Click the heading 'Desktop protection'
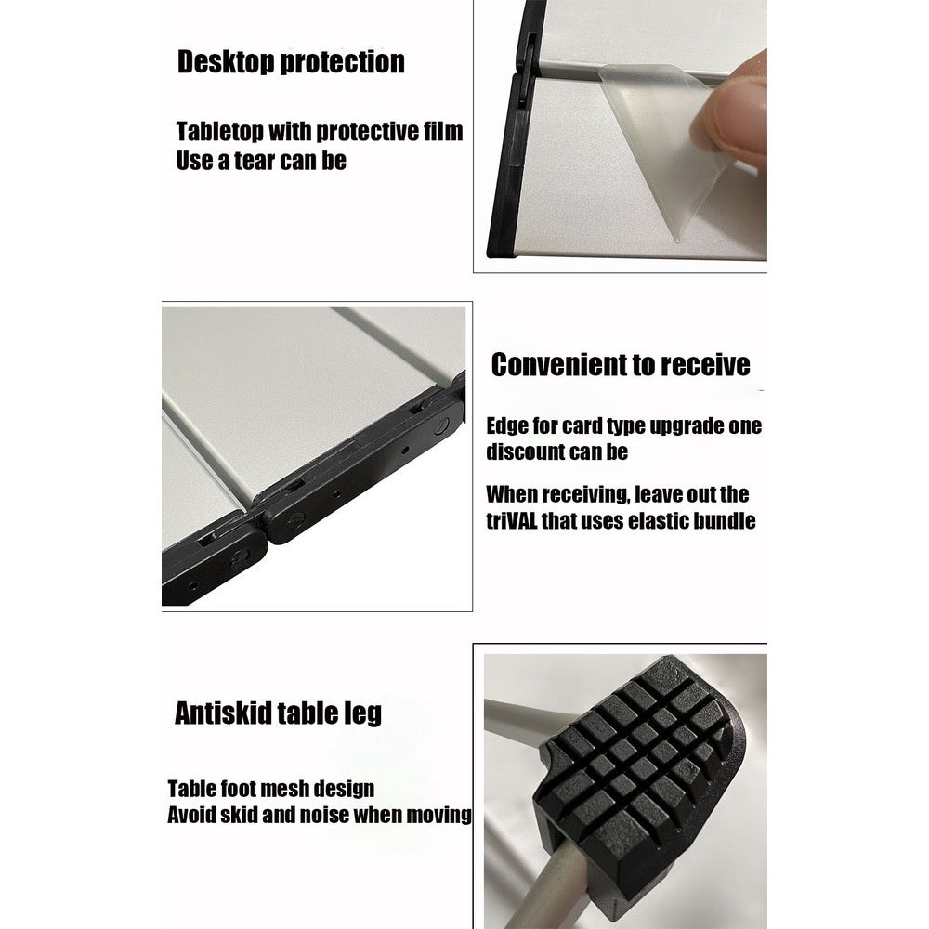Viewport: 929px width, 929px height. tap(291, 62)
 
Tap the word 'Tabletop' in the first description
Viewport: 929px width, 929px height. tap(220, 132)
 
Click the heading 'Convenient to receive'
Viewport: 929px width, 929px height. tap(621, 364)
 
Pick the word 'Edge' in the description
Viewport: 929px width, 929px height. tap(507, 426)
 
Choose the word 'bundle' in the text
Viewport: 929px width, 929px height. tap(724, 521)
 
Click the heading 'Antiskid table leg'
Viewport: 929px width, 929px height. tap(278, 713)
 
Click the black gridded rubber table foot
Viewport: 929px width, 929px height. tap(640, 770)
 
